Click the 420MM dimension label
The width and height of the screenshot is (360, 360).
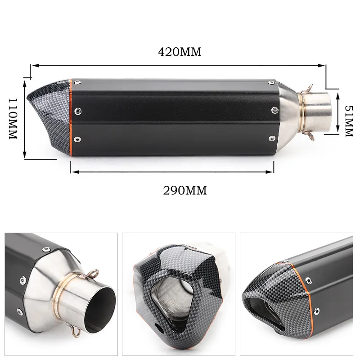point(180,52)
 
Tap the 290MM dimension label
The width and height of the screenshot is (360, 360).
point(185,190)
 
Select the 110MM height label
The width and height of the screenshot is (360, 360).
point(13,119)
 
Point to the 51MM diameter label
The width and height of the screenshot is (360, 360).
point(350,121)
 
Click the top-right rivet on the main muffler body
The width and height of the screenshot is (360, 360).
point(272,82)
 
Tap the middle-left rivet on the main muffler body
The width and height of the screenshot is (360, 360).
point(78,111)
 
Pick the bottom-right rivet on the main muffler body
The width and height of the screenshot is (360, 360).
point(272,139)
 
